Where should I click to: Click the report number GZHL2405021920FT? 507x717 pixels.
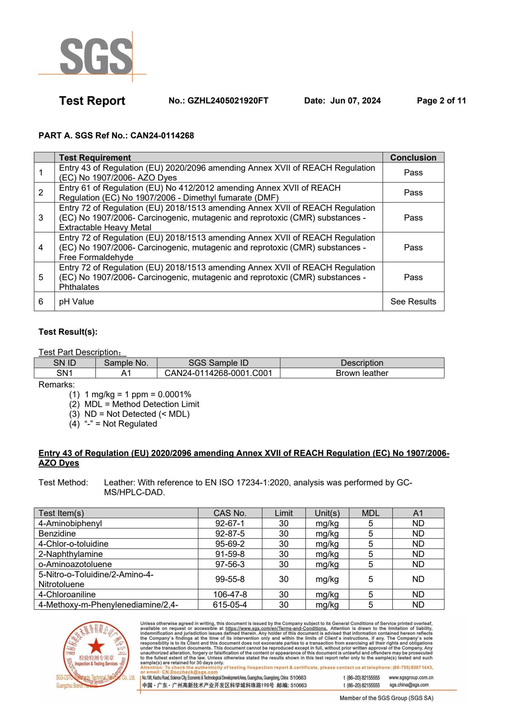click(219, 101)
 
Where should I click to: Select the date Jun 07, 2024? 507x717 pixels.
click(355, 101)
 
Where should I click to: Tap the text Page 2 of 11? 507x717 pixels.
click(441, 101)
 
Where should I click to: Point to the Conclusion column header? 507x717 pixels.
click(413, 158)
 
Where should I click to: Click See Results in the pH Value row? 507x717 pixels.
click(413, 301)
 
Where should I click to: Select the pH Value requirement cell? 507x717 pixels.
click(77, 301)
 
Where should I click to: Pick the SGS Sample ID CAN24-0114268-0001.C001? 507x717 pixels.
click(218, 373)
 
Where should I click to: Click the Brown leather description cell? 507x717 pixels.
click(362, 373)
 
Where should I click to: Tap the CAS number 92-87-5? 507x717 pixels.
click(230, 533)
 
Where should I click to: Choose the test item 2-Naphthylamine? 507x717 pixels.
click(70, 554)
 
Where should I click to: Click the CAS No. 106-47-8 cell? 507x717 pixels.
click(230, 594)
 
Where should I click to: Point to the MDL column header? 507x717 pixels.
click(370, 513)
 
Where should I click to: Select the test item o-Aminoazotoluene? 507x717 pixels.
click(75, 564)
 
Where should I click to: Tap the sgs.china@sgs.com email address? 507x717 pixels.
click(409, 685)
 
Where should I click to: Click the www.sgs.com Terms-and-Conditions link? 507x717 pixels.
click(276, 628)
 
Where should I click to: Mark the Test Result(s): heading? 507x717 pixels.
click(68, 332)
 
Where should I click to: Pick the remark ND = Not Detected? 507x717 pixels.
click(137, 414)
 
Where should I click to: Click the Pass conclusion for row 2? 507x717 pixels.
click(413, 192)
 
